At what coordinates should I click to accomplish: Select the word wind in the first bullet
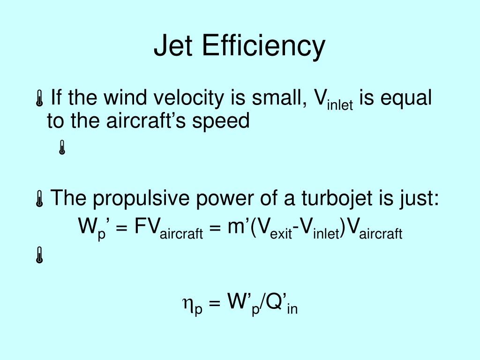click(x=124, y=98)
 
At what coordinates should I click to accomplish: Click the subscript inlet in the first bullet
click(x=340, y=105)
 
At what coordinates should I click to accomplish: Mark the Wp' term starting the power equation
click(x=91, y=228)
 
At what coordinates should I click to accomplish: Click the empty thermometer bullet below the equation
click(x=39, y=256)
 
